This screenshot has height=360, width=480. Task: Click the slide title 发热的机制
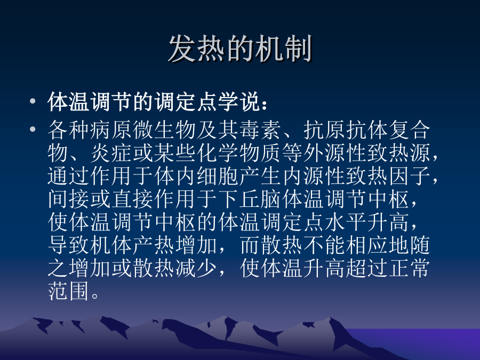click(240, 49)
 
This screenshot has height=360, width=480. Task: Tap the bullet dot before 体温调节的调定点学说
click(33, 101)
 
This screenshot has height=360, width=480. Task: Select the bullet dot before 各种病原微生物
click(33, 129)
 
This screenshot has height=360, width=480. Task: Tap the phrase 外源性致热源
click(367, 153)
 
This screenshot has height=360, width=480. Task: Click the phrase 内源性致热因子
click(357, 176)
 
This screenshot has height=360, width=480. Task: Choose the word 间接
click(69, 199)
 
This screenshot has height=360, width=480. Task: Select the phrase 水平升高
click(367, 222)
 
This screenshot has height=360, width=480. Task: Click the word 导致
click(69, 245)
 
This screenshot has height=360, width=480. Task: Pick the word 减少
click(196, 268)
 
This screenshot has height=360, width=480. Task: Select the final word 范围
click(69, 291)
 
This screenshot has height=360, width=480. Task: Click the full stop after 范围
click(95, 295)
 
